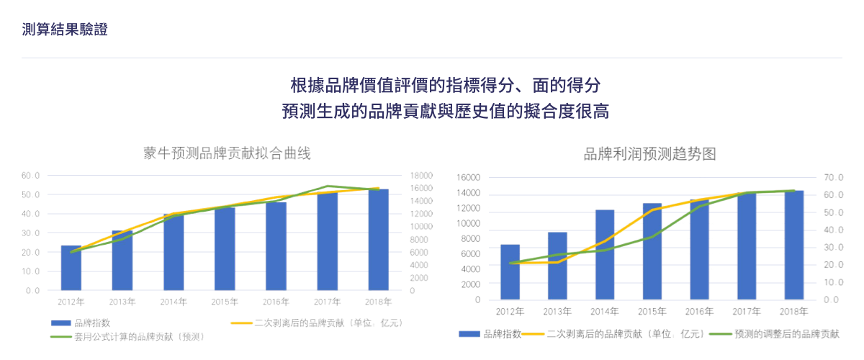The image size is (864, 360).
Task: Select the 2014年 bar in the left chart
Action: click(x=174, y=252)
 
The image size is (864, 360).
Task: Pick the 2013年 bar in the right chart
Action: click(x=557, y=265)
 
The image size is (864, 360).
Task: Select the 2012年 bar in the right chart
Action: click(x=510, y=271)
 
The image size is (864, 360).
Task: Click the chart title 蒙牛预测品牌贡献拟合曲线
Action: click(x=227, y=153)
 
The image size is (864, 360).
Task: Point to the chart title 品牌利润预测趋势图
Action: click(x=649, y=153)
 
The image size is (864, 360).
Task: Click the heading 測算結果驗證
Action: click(x=66, y=30)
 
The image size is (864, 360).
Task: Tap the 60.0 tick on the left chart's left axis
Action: click(x=30, y=176)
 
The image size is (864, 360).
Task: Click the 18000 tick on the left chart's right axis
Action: click(x=421, y=176)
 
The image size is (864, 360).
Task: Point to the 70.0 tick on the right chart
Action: click(x=834, y=177)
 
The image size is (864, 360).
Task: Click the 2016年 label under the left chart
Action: click(x=276, y=302)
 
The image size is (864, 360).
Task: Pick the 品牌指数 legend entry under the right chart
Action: click(x=501, y=334)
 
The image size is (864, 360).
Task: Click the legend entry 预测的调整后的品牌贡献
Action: click(x=785, y=334)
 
